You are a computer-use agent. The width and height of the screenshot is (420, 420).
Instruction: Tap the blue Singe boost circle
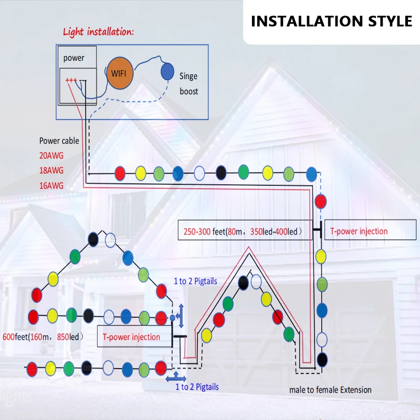click(x=167, y=71)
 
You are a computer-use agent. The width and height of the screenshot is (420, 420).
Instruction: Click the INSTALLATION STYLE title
click(x=331, y=21)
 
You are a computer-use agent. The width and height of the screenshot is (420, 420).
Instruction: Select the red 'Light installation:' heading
click(x=98, y=31)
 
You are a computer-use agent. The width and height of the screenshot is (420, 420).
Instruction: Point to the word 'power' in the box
click(x=73, y=58)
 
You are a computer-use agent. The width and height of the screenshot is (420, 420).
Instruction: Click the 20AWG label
click(x=51, y=155)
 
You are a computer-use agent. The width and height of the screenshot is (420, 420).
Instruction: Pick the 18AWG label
click(x=51, y=171)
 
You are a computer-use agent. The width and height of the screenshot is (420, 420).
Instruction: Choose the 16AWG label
click(x=51, y=185)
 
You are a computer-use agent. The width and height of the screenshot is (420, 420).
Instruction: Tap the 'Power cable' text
click(x=59, y=141)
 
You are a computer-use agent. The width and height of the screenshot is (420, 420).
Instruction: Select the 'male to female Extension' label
click(x=330, y=390)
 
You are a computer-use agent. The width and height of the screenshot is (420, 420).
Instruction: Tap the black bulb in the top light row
click(x=221, y=172)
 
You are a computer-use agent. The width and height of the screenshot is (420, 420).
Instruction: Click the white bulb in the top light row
click(x=199, y=172)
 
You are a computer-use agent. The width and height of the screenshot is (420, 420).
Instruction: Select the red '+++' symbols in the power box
click(x=71, y=80)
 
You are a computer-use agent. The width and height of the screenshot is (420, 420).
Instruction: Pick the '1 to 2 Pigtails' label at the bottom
click(x=197, y=387)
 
